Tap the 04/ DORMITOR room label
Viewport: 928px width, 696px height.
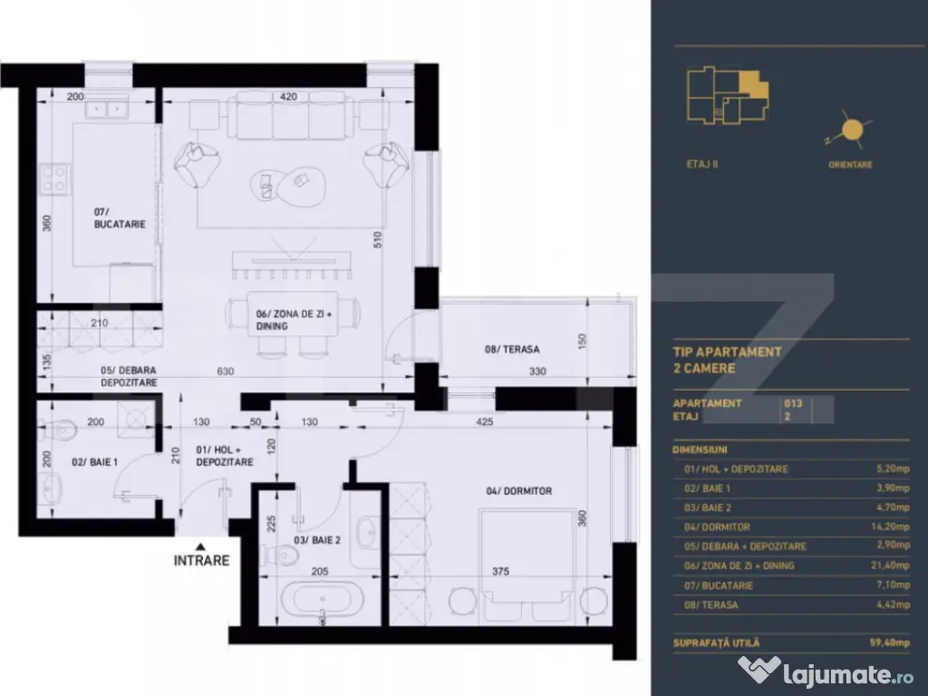(x=519, y=491)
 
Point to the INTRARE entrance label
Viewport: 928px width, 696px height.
(x=201, y=560)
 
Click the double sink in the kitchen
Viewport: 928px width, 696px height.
(x=109, y=110)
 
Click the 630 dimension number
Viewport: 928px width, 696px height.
(x=225, y=370)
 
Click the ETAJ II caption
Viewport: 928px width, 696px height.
(x=702, y=165)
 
